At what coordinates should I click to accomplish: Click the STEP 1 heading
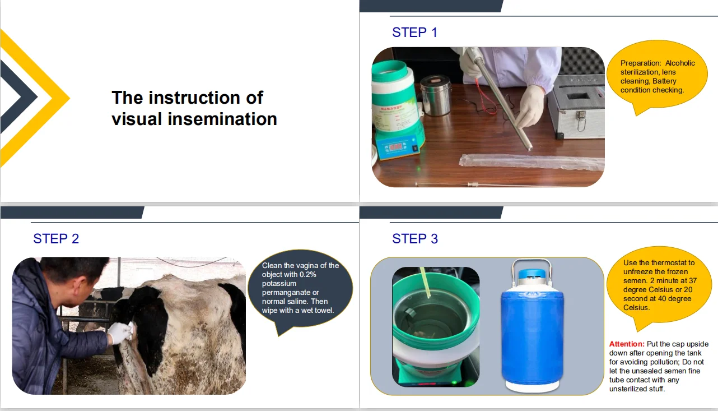click(x=414, y=33)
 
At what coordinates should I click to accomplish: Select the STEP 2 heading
click(x=56, y=239)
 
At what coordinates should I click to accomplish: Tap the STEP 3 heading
click(x=415, y=239)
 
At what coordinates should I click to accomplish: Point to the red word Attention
click(x=627, y=344)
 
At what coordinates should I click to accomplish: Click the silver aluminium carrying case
click(x=577, y=107)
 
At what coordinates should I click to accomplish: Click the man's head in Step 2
click(x=78, y=280)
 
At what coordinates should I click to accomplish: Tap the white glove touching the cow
click(x=120, y=333)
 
